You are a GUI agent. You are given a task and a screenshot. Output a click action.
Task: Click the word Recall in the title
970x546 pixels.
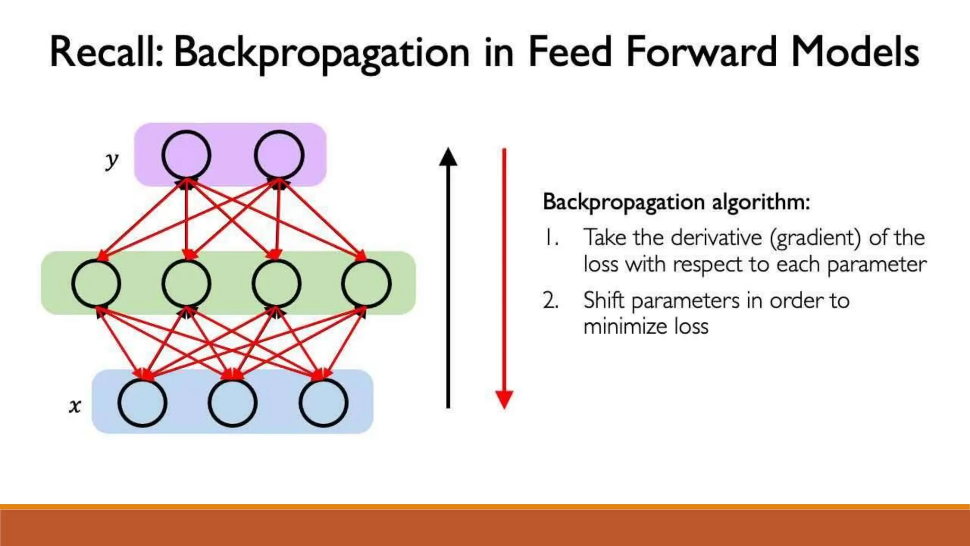pyautogui.click(x=105, y=52)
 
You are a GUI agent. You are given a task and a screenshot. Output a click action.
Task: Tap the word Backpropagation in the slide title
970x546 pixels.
pyautogui.click(x=322, y=53)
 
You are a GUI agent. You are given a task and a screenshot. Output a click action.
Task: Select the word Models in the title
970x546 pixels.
pyautogui.click(x=855, y=52)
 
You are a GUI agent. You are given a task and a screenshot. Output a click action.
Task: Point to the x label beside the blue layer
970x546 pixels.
pyautogui.click(x=75, y=406)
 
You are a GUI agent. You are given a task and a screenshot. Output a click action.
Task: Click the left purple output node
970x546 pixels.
pyautogui.click(x=186, y=155)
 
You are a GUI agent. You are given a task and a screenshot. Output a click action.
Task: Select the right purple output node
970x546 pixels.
pyautogui.click(x=279, y=155)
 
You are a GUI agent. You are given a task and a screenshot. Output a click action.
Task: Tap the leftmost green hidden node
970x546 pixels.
pyautogui.click(x=96, y=283)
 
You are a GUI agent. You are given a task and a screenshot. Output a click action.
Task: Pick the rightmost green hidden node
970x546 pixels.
pyautogui.click(x=366, y=283)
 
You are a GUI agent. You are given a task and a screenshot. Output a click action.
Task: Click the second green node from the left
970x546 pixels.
pyautogui.click(x=186, y=283)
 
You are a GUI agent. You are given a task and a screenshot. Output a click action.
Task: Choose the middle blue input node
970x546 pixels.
pyautogui.click(x=233, y=403)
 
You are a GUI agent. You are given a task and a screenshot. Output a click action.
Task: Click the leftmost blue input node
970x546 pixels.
pyautogui.click(x=142, y=403)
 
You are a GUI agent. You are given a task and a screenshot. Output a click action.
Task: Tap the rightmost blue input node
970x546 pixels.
pyautogui.click(x=323, y=403)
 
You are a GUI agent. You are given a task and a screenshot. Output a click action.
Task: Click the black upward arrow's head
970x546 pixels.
pyautogui.click(x=448, y=157)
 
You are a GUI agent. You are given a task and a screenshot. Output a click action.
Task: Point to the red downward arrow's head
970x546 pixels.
pyautogui.click(x=504, y=399)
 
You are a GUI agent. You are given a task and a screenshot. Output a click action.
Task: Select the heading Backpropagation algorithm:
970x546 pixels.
pyautogui.click(x=676, y=202)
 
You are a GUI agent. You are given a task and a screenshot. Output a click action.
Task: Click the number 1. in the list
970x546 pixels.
pyautogui.click(x=551, y=237)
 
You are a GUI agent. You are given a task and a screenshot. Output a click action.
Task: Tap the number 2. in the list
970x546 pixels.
pyautogui.click(x=551, y=300)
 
